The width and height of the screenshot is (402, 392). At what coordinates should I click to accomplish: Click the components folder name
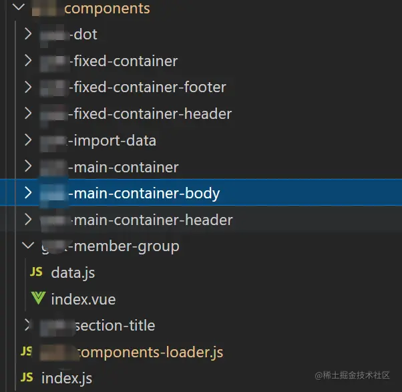click(106, 9)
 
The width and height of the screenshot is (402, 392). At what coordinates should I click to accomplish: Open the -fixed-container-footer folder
click(150, 87)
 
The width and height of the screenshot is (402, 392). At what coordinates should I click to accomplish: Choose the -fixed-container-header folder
click(152, 114)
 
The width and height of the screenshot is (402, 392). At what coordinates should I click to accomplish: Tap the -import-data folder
click(114, 141)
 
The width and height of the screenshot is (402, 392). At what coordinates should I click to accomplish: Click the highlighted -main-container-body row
click(146, 194)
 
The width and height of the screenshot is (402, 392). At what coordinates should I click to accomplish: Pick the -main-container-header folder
click(153, 220)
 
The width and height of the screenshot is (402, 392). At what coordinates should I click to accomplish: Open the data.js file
click(73, 272)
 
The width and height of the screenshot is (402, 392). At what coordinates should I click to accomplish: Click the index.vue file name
click(83, 299)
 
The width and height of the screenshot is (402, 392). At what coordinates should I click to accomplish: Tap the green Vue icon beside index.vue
click(37, 299)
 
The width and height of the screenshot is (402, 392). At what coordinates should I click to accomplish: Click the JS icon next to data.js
click(37, 272)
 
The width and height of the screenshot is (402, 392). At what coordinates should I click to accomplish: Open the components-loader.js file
click(150, 352)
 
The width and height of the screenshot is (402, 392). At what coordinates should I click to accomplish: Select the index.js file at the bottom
click(67, 378)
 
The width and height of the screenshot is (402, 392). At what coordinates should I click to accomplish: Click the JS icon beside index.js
click(27, 378)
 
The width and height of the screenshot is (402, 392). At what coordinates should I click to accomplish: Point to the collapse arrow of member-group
click(27, 246)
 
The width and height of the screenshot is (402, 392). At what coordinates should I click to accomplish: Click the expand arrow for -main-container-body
click(27, 194)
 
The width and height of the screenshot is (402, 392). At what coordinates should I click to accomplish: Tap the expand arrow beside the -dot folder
click(27, 35)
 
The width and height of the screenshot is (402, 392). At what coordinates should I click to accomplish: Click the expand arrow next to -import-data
click(27, 141)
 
